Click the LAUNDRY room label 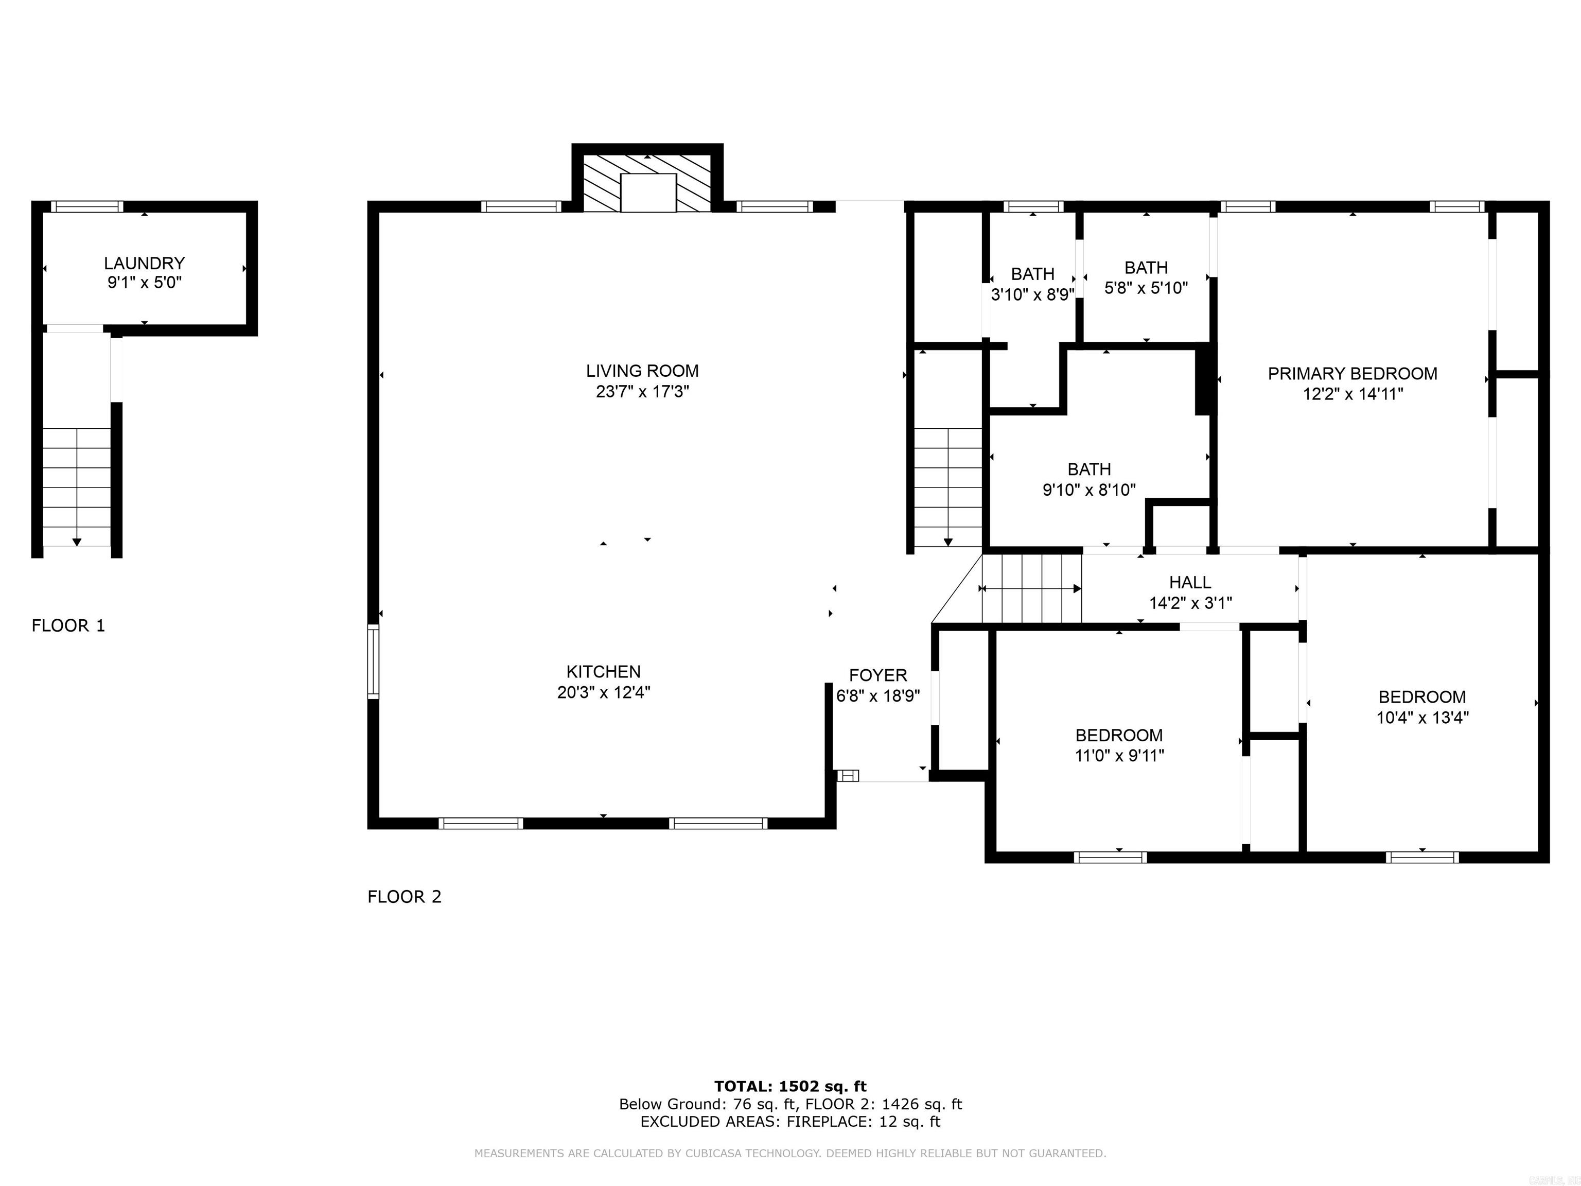coord(145,263)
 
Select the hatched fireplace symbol coord(647,183)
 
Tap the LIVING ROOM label coord(642,371)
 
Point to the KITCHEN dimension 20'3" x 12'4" coord(603,692)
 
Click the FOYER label coord(877,675)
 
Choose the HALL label coord(1190,583)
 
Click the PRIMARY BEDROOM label coord(1352,373)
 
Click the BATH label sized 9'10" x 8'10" coord(1088,469)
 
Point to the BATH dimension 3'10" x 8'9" coord(1032,294)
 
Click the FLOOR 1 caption coord(68,625)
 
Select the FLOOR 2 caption coord(405,897)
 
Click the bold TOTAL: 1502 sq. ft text coord(790,1087)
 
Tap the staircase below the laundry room coord(77,486)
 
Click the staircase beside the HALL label coord(1031,588)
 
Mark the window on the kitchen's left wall coord(373,661)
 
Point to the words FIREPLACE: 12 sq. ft coord(863,1122)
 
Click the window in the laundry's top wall coord(87,206)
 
